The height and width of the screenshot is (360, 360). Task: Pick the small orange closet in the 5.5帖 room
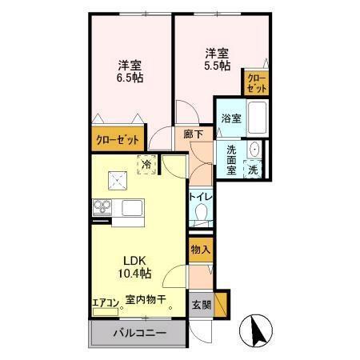pos(256,82)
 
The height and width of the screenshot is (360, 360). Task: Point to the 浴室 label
pos(231,118)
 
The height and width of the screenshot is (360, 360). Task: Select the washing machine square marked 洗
pos(253,170)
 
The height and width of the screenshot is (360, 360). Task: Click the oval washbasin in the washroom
pos(254,150)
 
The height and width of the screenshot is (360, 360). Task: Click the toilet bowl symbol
pos(201,213)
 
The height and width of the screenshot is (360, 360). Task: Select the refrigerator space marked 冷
pos(147,164)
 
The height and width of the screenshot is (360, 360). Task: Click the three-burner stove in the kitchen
pos(102,208)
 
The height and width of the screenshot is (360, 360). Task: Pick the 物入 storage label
pos(200,250)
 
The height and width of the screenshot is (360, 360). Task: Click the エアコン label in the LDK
pos(106,302)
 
